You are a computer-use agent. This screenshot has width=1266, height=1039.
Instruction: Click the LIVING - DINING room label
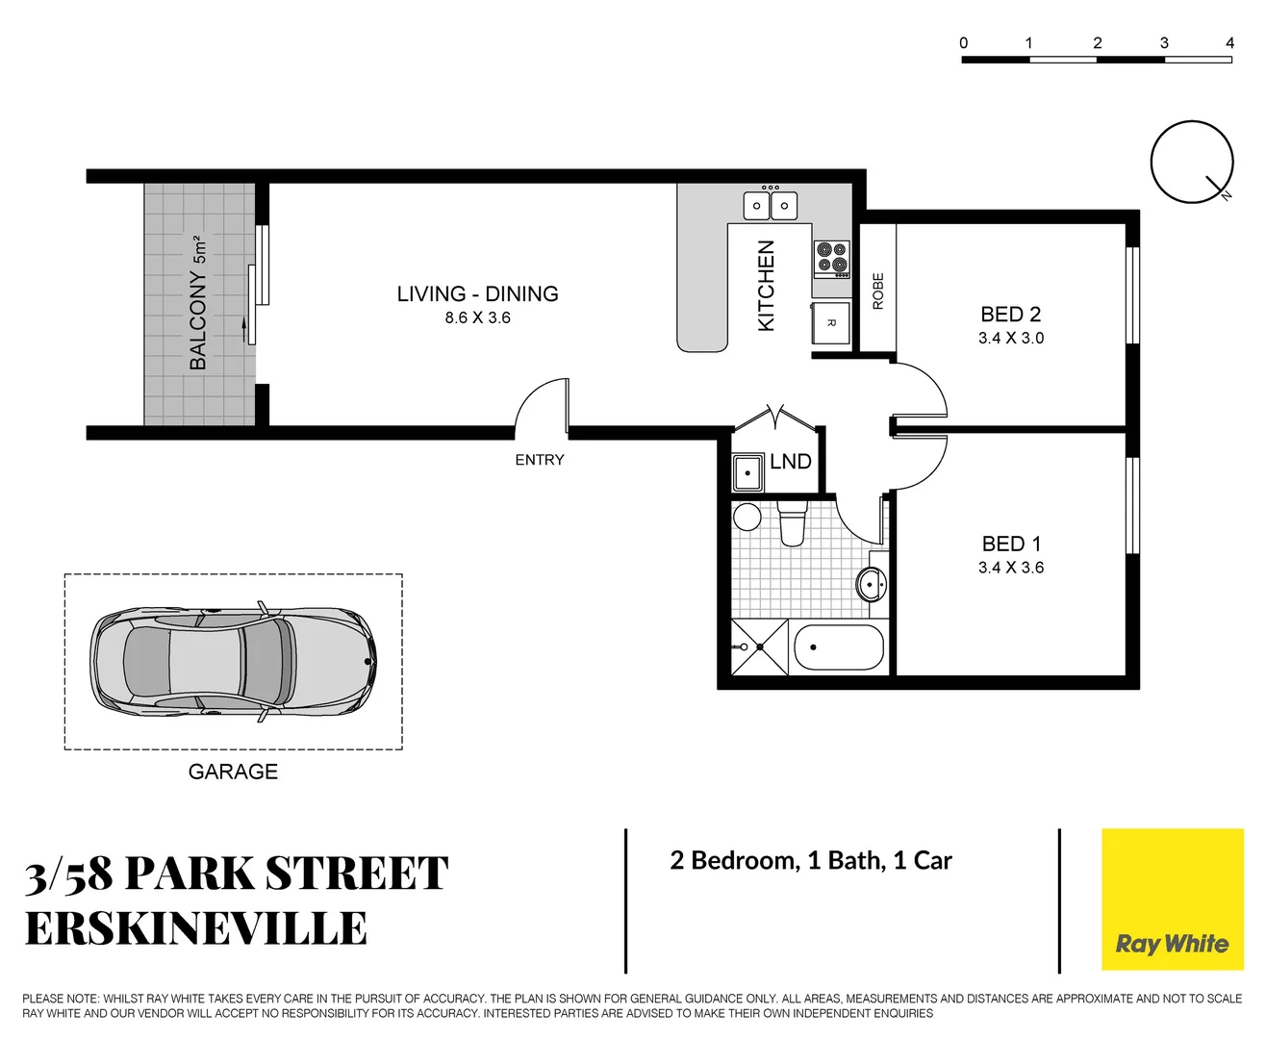pyautogui.click(x=477, y=293)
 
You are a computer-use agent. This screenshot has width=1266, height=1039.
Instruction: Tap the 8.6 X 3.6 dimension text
pyautogui.click(x=477, y=317)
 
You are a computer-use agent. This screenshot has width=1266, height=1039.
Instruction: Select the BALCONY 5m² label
pyautogui.click(x=198, y=302)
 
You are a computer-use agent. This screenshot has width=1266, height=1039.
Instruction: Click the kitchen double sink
pyautogui.click(x=770, y=205)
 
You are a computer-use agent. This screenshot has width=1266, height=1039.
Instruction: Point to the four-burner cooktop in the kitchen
pyautogui.click(x=832, y=258)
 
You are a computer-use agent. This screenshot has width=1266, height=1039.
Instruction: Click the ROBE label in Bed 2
pyautogui.click(x=877, y=291)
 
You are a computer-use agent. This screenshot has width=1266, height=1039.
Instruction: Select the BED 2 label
pyautogui.click(x=1010, y=315)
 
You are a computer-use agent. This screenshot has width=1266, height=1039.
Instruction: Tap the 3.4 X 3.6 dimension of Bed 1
pyautogui.click(x=1010, y=568)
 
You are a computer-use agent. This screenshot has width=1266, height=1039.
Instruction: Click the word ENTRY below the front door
pyautogui.click(x=539, y=460)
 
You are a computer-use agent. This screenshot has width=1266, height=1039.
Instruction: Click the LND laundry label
pyautogui.click(x=790, y=462)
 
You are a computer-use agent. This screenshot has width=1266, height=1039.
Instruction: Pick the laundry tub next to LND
pyautogui.click(x=748, y=473)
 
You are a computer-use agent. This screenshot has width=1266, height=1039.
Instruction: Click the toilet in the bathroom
pyautogui.click(x=791, y=522)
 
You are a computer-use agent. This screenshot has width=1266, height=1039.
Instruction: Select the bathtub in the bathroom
pyautogui.click(x=838, y=648)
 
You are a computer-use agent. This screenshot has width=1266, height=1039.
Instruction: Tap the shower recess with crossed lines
pyautogui.click(x=759, y=647)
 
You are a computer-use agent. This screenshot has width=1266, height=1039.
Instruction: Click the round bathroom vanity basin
pyautogui.click(x=872, y=583)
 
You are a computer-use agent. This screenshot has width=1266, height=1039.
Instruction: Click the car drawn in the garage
pyautogui.click(x=233, y=661)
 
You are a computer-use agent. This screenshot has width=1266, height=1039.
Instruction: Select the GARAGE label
pyautogui.click(x=233, y=772)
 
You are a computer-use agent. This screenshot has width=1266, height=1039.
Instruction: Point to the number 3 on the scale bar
pyautogui.click(x=1164, y=42)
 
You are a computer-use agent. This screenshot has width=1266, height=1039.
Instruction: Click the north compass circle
pyautogui.click(x=1191, y=162)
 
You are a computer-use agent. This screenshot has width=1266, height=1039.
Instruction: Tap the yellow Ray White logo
pyautogui.click(x=1172, y=900)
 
